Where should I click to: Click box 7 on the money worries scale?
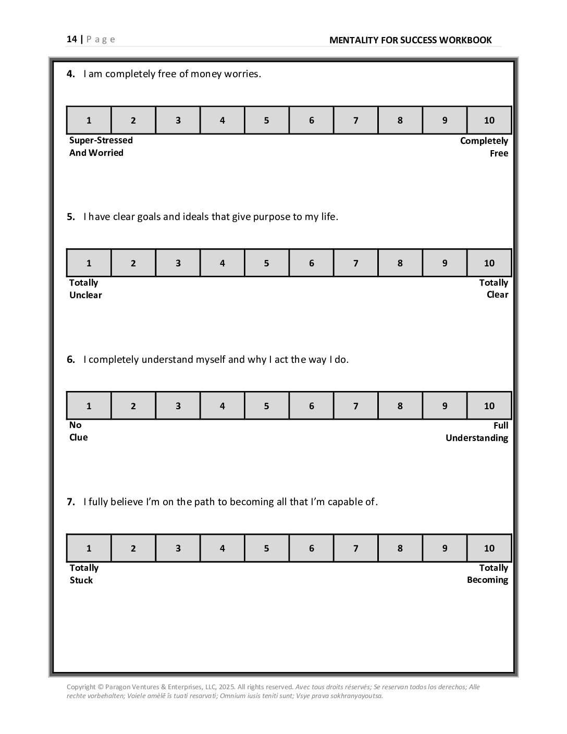(x=355, y=120)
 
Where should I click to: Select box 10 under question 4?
(x=489, y=120)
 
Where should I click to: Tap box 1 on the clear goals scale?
(x=89, y=263)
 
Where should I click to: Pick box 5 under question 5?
(x=266, y=263)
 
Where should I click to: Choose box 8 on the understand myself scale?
(x=400, y=406)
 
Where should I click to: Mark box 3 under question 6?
(x=178, y=406)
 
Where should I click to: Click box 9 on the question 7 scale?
(x=445, y=548)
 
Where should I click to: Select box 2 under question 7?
(x=133, y=548)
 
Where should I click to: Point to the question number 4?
(x=70, y=74)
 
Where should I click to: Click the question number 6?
(x=70, y=360)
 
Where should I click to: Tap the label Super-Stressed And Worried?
(x=101, y=146)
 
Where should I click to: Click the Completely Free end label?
(x=484, y=147)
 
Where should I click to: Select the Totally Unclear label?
(x=85, y=289)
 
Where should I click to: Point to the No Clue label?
(x=78, y=431)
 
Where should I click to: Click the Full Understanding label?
(x=477, y=432)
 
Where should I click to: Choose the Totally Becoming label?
(x=488, y=574)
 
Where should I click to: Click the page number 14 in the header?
(x=71, y=39)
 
